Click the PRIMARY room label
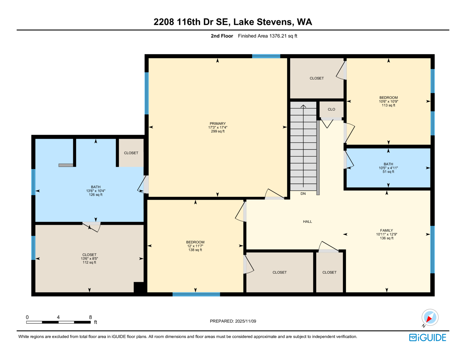click(x=218, y=123)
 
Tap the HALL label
click(x=307, y=221)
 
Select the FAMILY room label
click(x=386, y=230)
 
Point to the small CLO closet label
click(x=331, y=109)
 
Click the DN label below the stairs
click(x=303, y=194)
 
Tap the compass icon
click(x=430, y=317)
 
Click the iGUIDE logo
click(x=427, y=338)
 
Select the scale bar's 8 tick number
click(x=91, y=317)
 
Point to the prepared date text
click(x=233, y=321)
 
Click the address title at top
click(x=233, y=22)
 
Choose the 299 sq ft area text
click(x=218, y=131)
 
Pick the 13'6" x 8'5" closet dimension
click(x=89, y=259)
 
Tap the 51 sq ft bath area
click(x=388, y=172)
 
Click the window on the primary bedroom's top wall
click(x=266, y=56)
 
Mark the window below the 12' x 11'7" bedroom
click(x=196, y=294)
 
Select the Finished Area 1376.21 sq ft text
click(x=267, y=36)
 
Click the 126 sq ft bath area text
click(x=96, y=195)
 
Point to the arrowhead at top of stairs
click(x=303, y=106)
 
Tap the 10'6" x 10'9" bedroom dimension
click(x=388, y=101)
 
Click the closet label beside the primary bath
click(x=131, y=153)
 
